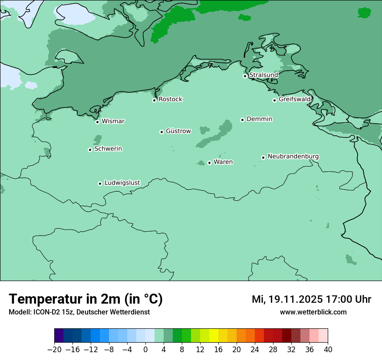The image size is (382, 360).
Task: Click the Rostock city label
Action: click(x=170, y=99)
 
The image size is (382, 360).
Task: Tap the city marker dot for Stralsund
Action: click(x=245, y=76)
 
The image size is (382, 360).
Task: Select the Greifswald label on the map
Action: click(x=294, y=99)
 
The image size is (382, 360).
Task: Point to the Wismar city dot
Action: click(x=98, y=122)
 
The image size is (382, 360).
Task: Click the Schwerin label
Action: click(x=108, y=149)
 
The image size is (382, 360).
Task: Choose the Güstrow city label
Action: click(x=178, y=131)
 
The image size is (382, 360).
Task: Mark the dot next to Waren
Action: click(x=209, y=163)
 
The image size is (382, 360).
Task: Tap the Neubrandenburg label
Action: click(x=293, y=157)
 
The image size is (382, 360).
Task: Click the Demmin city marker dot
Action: click(x=242, y=120)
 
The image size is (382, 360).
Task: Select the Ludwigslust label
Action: click(x=122, y=183)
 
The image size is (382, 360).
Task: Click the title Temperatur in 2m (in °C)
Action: click(x=86, y=299)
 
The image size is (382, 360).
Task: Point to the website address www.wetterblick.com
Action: click(x=313, y=312)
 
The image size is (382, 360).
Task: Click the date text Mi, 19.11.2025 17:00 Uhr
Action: click(x=311, y=299)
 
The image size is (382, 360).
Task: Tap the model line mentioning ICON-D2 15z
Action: click(x=79, y=312)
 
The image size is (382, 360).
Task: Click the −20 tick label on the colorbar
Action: click(x=54, y=350)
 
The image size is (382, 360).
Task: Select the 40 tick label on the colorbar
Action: click(x=328, y=350)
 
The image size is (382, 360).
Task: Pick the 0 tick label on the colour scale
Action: click(x=145, y=350)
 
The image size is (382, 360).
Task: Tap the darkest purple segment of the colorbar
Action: click(x=59, y=336)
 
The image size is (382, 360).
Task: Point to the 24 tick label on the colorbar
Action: click(x=255, y=350)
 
